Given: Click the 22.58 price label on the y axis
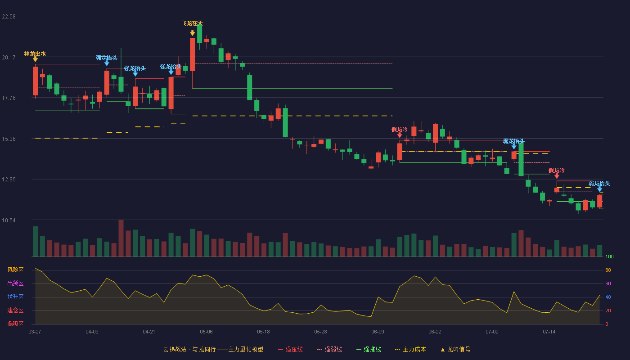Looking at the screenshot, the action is click(9, 17).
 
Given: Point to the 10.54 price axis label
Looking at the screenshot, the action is click(9, 220).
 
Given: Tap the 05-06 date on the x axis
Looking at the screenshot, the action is click(206, 332).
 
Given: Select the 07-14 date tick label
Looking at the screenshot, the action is click(549, 332).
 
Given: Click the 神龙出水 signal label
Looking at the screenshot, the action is click(35, 54).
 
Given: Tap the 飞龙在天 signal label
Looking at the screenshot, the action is click(192, 23).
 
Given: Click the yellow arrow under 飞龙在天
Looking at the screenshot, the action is click(193, 33).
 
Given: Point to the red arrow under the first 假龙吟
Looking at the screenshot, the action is click(400, 135).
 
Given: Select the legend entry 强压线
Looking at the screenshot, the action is click(290, 349).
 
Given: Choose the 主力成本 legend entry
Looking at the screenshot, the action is click(410, 349).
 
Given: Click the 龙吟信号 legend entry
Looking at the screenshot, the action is click(455, 349).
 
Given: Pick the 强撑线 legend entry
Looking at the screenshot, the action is click(369, 349).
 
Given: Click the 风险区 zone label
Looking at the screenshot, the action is click(15, 270).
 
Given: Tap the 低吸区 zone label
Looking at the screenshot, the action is click(15, 324).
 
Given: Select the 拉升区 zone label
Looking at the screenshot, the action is click(15, 297).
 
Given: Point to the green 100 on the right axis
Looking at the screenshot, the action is click(609, 256).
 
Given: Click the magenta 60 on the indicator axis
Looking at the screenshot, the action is click(608, 283).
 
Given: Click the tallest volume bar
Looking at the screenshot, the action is click(121, 238).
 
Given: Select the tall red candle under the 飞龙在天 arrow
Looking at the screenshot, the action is click(193, 54).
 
